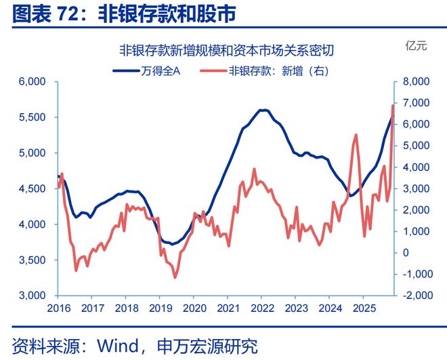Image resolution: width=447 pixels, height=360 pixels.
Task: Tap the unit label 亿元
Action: [x=416, y=47]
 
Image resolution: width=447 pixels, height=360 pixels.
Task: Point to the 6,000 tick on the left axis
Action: [x=31, y=81]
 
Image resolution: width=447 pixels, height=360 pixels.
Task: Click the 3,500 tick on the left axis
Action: [x=31, y=260]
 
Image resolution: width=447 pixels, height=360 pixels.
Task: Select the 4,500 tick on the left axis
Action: [x=31, y=188]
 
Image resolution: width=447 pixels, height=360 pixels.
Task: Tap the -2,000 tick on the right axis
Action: [x=419, y=296]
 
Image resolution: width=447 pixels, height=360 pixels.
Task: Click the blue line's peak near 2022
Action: [x=263, y=110]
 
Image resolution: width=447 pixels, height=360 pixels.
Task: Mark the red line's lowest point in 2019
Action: [x=175, y=277]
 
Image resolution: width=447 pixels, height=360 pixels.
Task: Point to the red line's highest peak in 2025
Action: [x=393, y=105]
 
